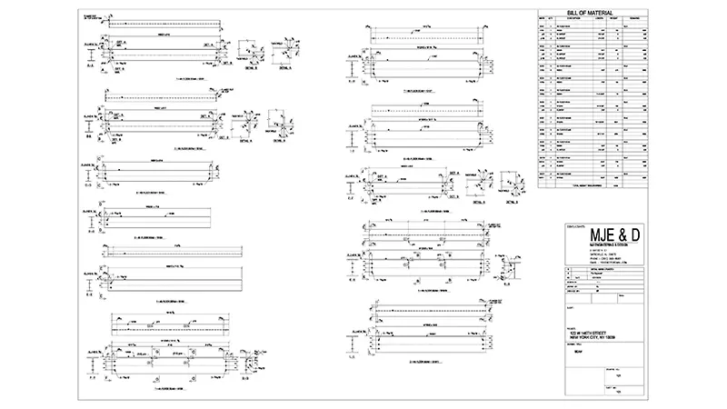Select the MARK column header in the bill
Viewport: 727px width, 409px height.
click(x=543, y=17)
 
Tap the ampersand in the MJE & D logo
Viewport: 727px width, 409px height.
click(x=616, y=236)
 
